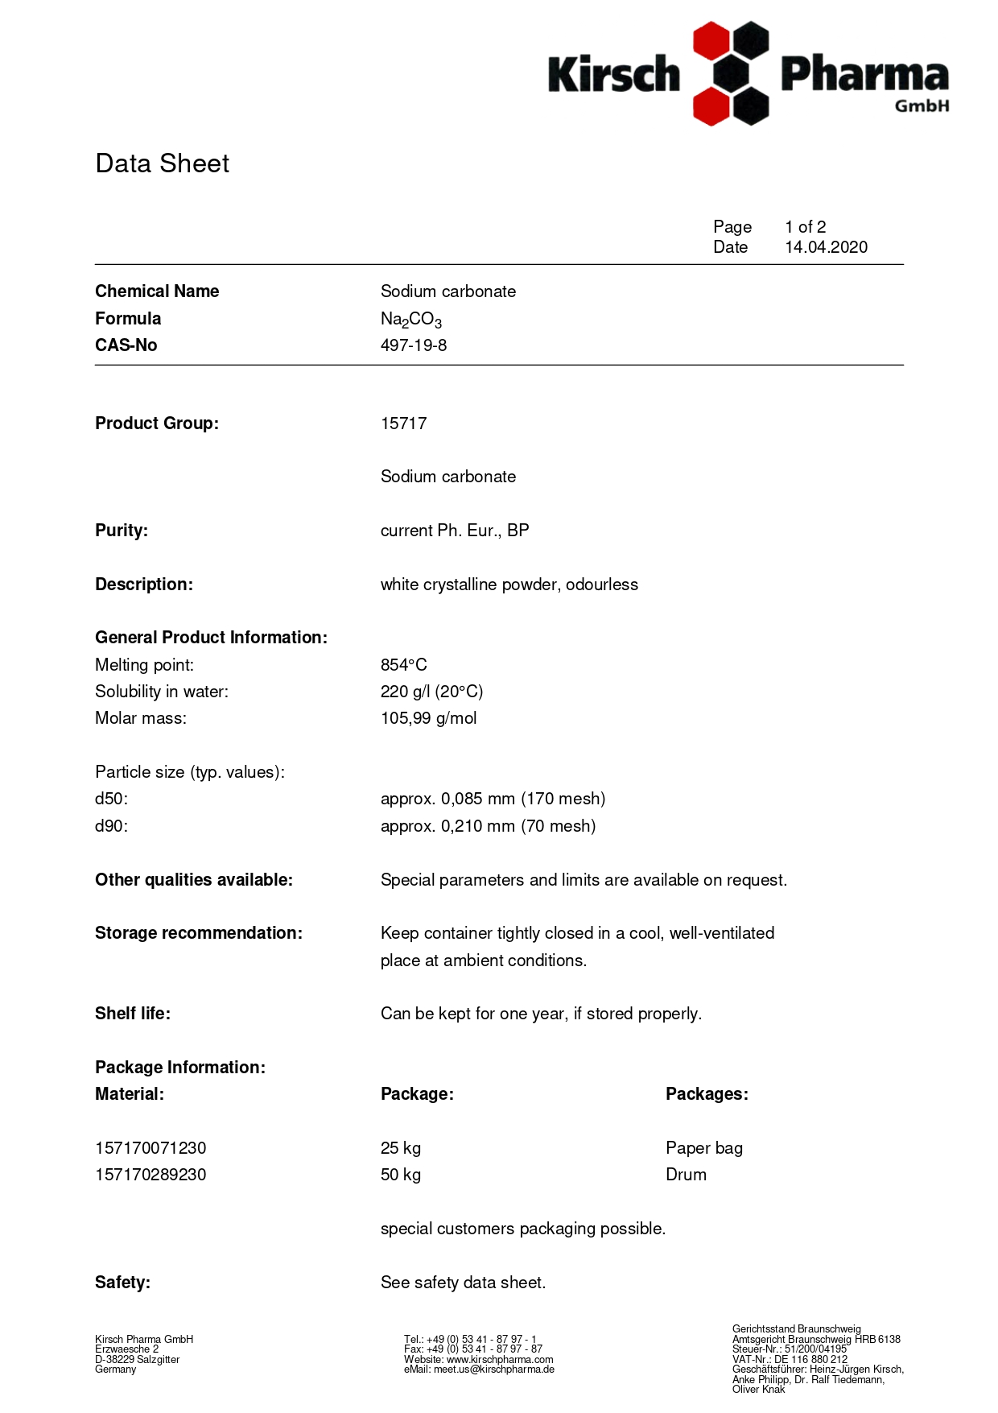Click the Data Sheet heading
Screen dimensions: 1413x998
point(162,163)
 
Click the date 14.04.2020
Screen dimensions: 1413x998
point(826,247)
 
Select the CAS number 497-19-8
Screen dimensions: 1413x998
point(414,345)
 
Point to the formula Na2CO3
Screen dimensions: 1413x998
point(411,320)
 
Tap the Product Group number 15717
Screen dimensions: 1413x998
point(403,423)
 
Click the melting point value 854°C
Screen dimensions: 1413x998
point(403,665)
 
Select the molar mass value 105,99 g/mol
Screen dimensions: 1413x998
point(428,718)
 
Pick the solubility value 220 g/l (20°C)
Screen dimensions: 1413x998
point(431,692)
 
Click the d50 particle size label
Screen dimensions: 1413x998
point(111,799)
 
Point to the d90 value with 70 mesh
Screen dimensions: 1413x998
point(488,826)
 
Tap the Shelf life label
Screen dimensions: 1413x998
point(133,1014)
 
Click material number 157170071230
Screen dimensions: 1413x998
point(151,1148)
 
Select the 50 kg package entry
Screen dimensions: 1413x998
point(401,1175)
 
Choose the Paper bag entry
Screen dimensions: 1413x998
point(703,1148)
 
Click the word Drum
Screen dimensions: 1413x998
point(686,1175)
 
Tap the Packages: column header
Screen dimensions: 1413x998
point(707,1094)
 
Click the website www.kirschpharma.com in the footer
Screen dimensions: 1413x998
point(500,1359)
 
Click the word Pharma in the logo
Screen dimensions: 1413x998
point(864,75)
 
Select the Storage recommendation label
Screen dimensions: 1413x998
point(199,933)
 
